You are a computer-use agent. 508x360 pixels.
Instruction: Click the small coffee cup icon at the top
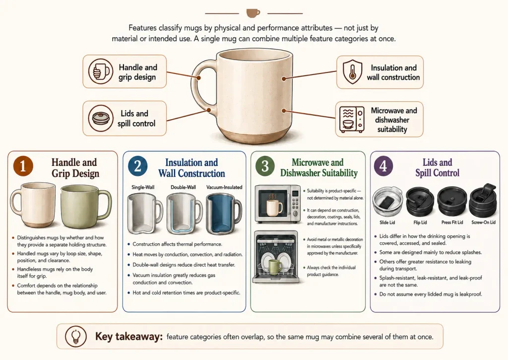[253, 13]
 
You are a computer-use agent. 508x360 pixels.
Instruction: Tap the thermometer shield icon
[352, 72]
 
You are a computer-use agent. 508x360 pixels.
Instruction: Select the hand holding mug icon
[101, 72]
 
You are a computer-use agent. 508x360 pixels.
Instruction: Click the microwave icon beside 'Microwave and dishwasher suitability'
[352, 120]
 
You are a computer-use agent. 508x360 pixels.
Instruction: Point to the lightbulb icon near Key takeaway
[76, 336]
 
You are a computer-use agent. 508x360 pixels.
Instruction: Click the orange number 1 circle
[23, 166]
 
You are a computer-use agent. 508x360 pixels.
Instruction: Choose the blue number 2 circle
[138, 166]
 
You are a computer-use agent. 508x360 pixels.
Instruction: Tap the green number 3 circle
[265, 166]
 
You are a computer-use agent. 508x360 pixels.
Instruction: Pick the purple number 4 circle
[383, 166]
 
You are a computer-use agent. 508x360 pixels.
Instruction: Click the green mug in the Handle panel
[85, 206]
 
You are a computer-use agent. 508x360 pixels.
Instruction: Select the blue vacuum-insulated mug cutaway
[224, 214]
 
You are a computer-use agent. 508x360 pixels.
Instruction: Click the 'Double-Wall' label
[184, 187]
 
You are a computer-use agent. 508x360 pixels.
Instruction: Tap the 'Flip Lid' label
[420, 222]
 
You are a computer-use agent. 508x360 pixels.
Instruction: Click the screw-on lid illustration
[483, 201]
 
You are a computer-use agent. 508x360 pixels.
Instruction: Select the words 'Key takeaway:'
[128, 336]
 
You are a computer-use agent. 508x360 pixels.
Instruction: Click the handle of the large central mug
[200, 86]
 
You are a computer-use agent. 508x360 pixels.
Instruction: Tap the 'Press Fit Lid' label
[452, 222]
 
